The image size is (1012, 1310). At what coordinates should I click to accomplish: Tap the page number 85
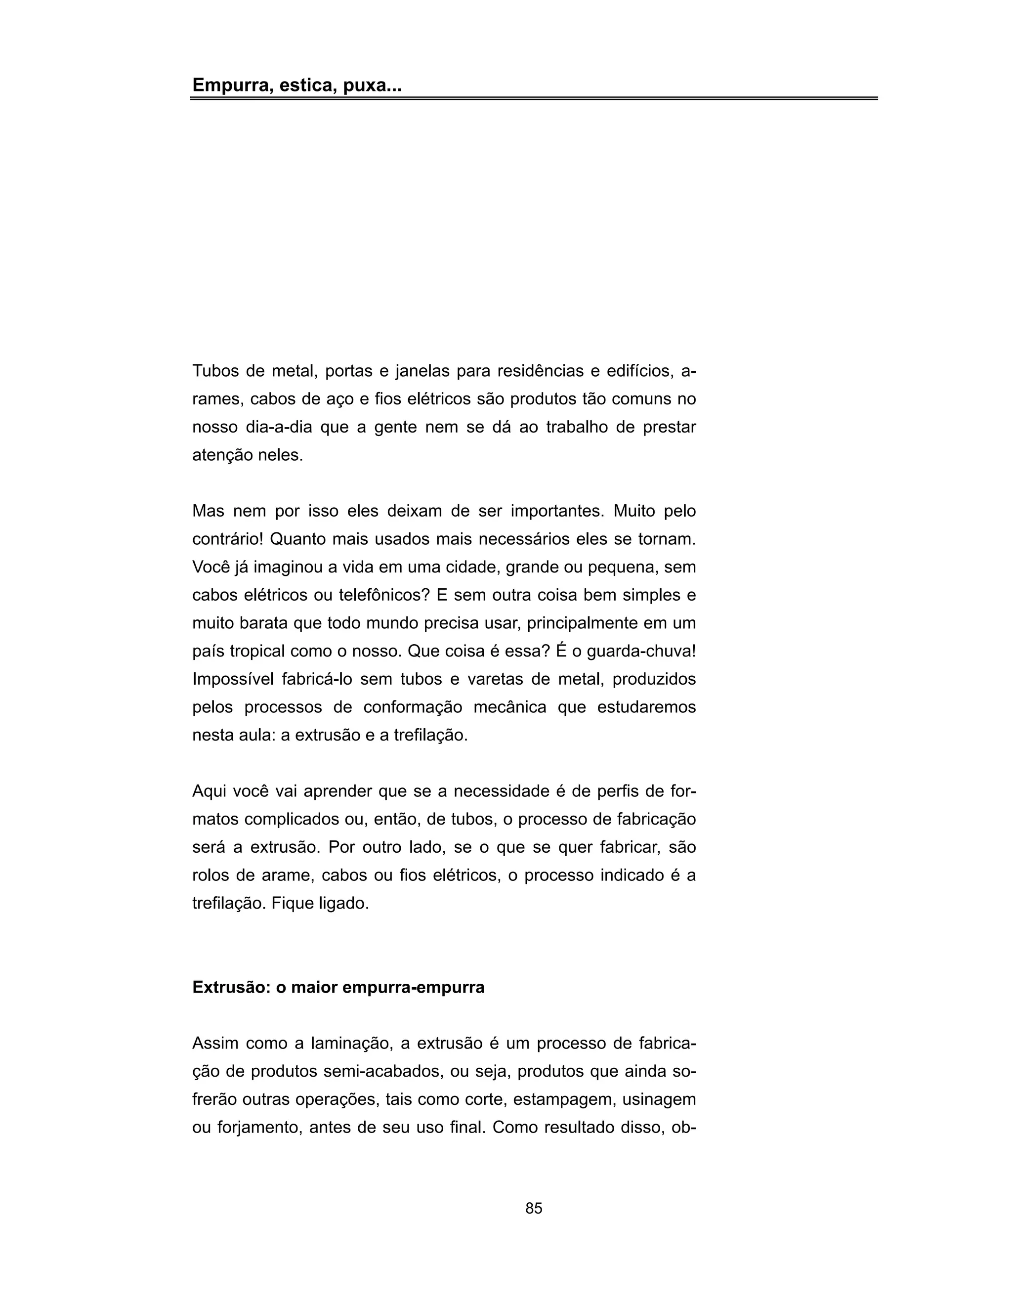(x=534, y=1209)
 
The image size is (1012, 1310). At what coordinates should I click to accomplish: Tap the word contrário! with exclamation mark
(x=228, y=539)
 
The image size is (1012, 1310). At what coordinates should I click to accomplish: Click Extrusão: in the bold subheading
(x=231, y=987)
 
